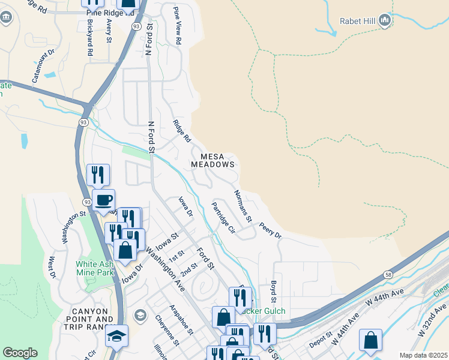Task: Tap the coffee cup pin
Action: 103,200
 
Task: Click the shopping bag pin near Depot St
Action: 370,340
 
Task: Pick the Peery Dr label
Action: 270,230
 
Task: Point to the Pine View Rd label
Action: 177,26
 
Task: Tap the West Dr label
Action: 52,268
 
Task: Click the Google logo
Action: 20,353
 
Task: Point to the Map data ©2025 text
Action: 423,355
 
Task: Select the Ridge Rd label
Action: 181,131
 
